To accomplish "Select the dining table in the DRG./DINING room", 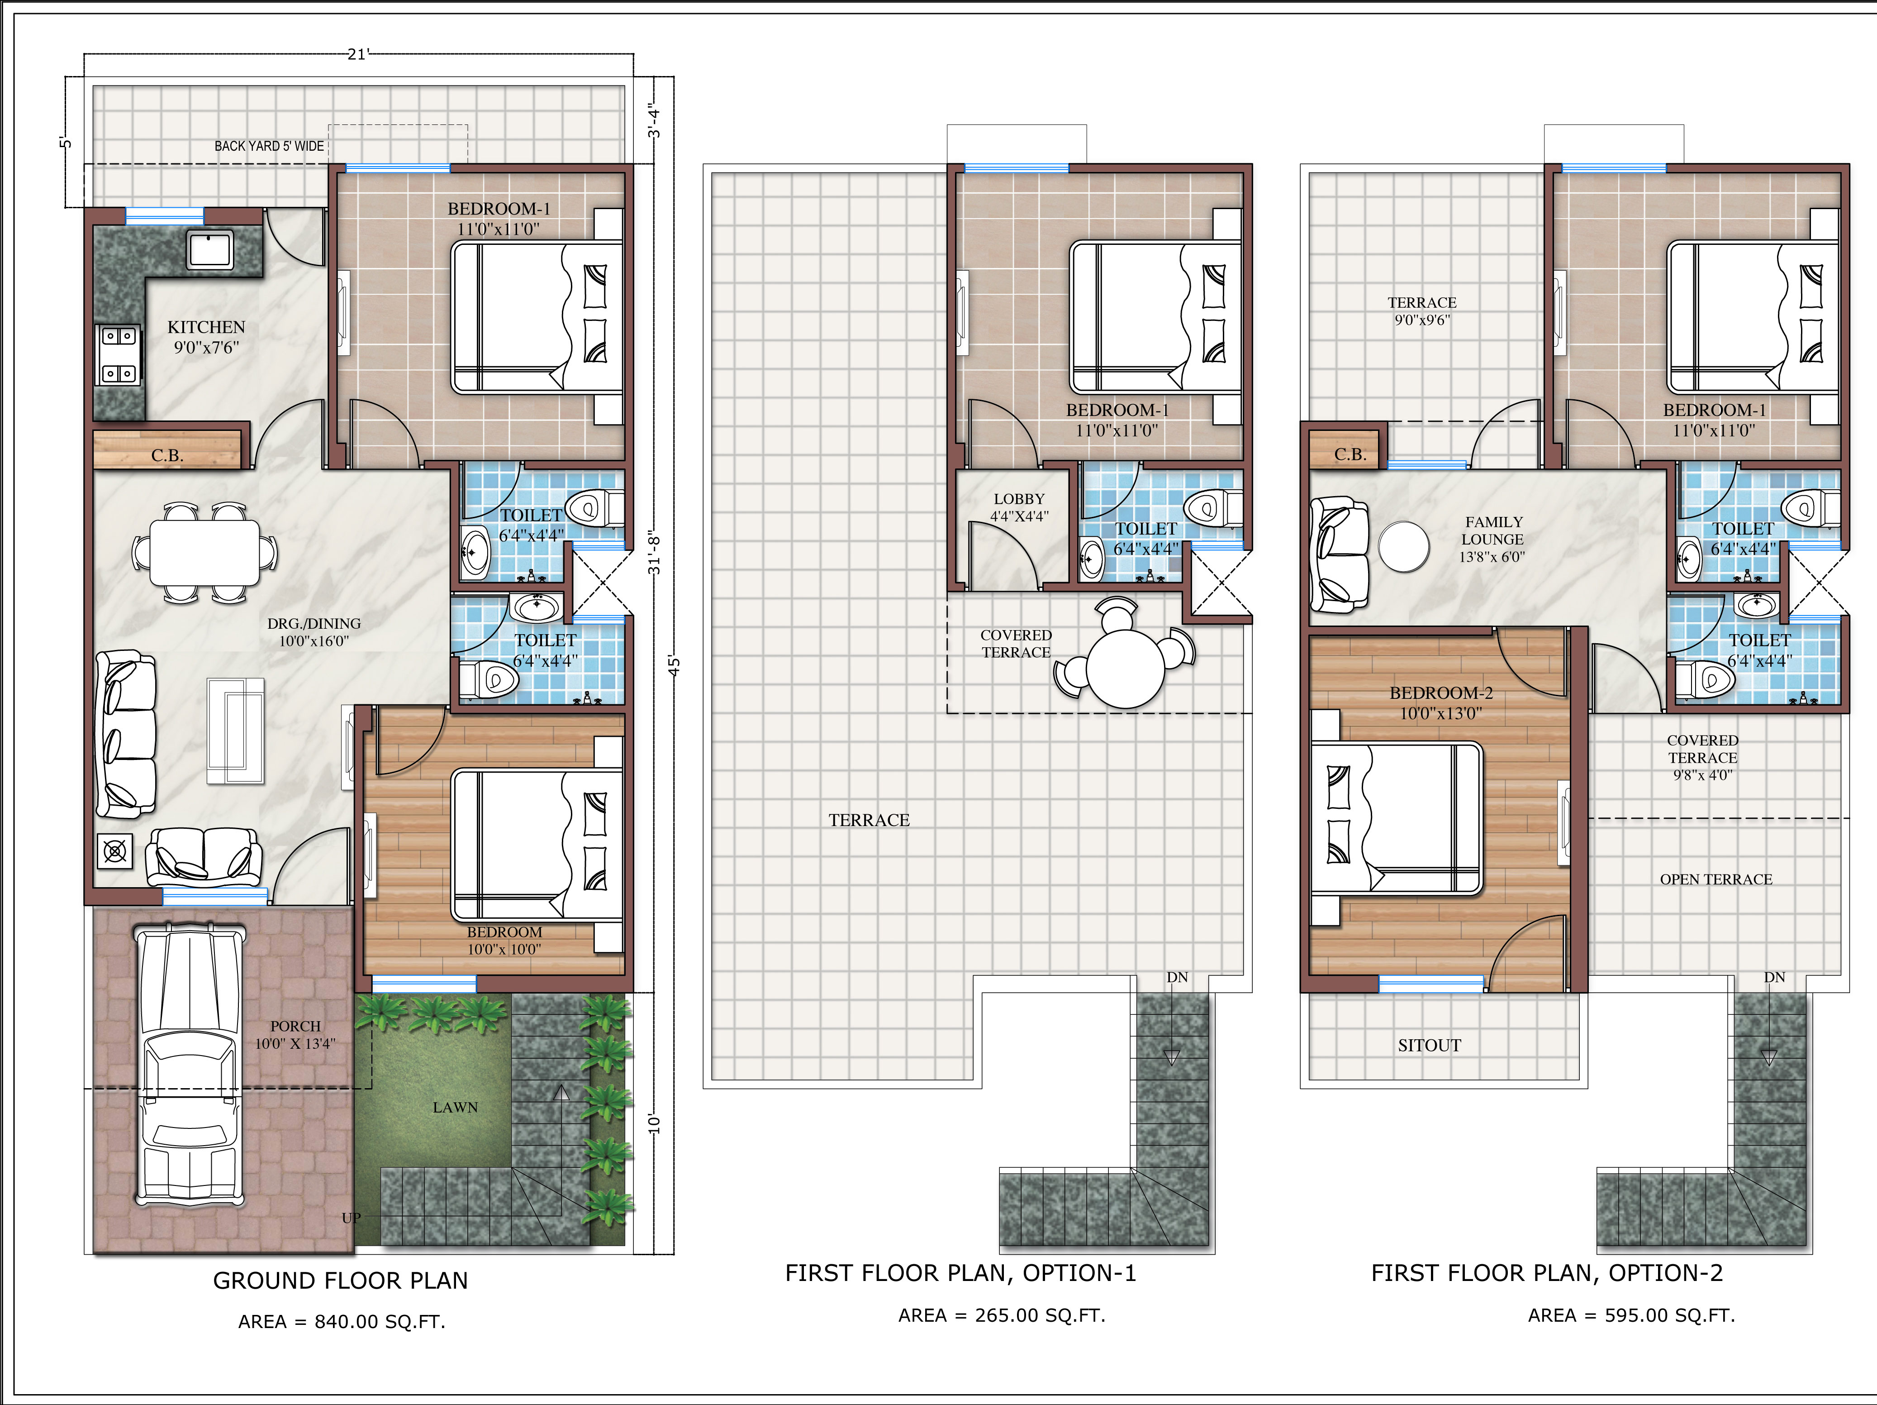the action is tap(204, 553).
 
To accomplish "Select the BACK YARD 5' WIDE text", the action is tap(269, 146).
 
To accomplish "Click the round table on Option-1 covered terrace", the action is tap(1125, 668).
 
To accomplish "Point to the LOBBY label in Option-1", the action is tap(1019, 499).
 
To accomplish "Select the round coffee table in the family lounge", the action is tap(1404, 546).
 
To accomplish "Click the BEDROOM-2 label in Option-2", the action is tap(1441, 693).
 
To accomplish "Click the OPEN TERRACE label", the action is tap(1716, 879).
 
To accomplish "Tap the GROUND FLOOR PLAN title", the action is tap(340, 1281).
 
